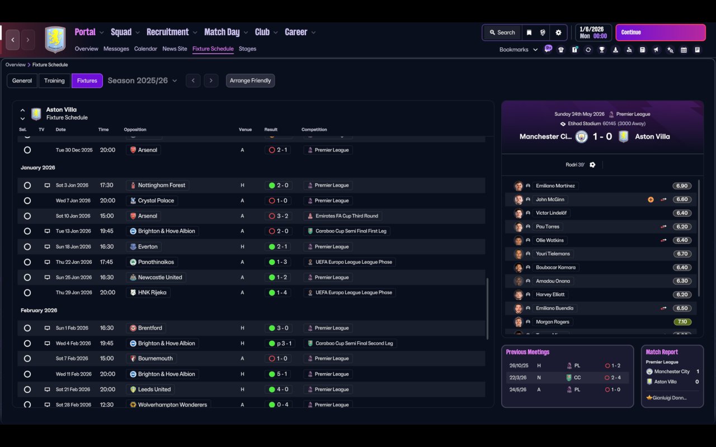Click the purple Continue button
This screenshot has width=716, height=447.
coord(661,32)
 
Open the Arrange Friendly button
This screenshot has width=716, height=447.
coord(250,80)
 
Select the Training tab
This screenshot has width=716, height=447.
coord(54,80)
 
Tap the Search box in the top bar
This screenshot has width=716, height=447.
coord(502,32)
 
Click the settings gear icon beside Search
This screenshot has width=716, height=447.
coord(558,32)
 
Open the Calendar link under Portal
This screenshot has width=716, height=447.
coord(145,49)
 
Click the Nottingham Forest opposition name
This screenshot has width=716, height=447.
coord(162,185)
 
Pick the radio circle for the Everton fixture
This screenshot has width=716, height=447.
coord(27,246)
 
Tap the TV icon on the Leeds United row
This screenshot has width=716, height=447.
coord(47,389)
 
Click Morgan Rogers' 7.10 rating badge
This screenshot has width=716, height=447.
coord(682,322)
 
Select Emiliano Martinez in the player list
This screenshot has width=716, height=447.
coord(555,186)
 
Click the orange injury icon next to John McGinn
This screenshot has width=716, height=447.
coord(651,199)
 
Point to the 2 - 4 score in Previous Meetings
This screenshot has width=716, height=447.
coord(616,377)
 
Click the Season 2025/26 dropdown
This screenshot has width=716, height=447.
coord(142,80)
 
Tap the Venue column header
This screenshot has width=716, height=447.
coord(245,129)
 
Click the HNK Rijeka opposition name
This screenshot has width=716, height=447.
coord(152,292)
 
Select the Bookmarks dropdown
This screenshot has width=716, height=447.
coord(518,50)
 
